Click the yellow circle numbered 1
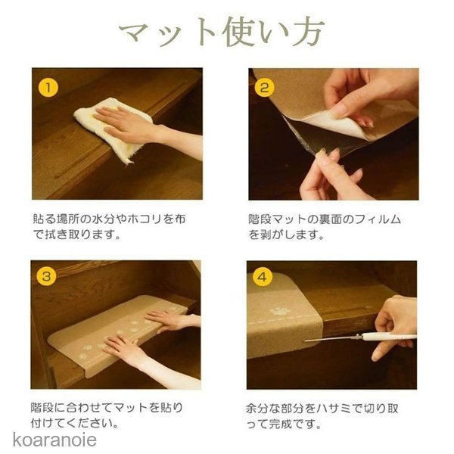point(48,88)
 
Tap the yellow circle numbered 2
point(264,88)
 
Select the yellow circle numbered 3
point(47,276)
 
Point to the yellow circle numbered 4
point(263,277)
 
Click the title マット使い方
point(222,32)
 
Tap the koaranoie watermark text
point(54,440)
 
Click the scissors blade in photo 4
point(332,339)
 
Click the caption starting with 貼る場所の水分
point(109,227)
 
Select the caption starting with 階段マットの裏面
point(325,227)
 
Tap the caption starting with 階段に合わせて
point(107,415)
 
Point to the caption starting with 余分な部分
point(322,416)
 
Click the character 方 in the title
point(309,32)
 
